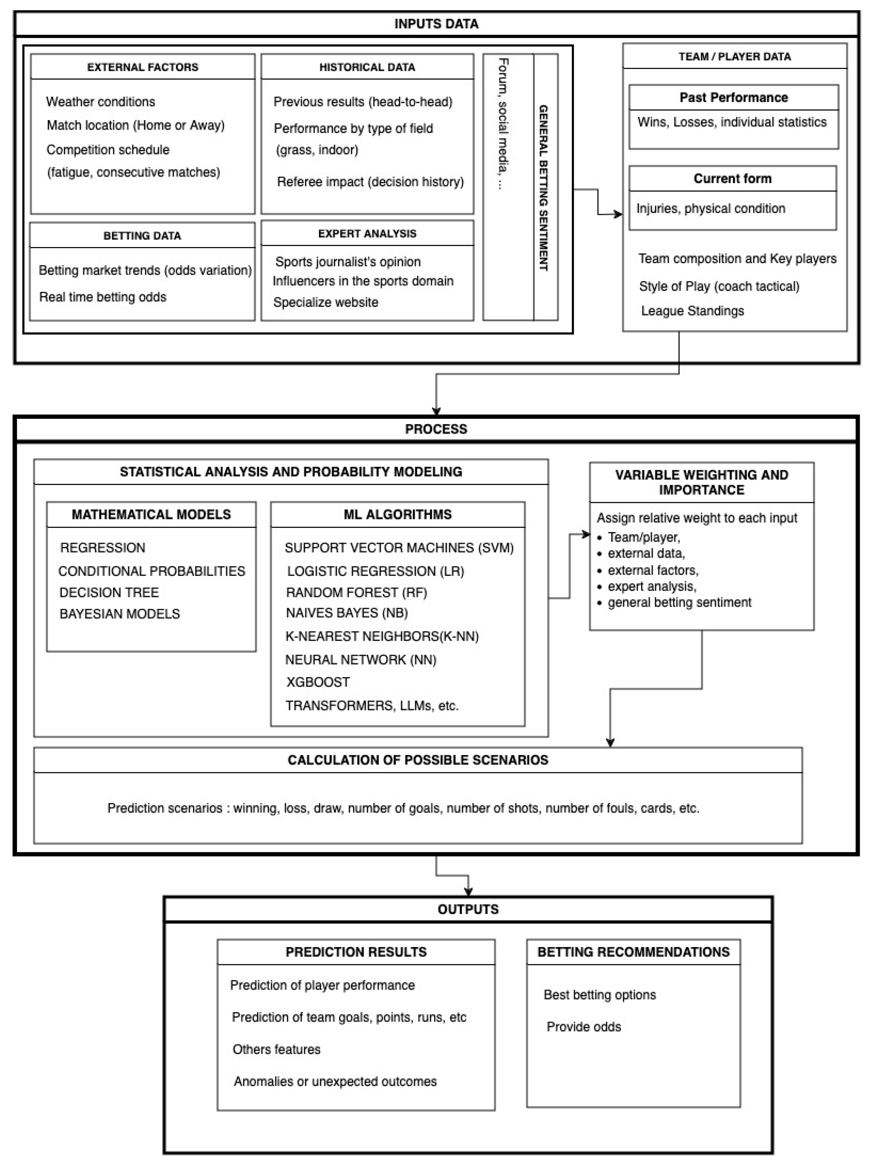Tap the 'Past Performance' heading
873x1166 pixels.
pos(733,98)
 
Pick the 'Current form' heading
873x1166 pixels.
pos(732,179)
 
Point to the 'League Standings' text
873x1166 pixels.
pos(692,311)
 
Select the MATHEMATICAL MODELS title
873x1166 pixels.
pos(151,515)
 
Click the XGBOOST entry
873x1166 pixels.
pos(318,682)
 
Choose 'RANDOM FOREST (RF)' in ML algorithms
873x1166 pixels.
pos(356,592)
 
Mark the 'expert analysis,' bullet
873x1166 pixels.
pos(652,586)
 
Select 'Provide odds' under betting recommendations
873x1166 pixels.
pos(584,1027)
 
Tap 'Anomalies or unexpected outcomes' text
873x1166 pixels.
pos(335,1082)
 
